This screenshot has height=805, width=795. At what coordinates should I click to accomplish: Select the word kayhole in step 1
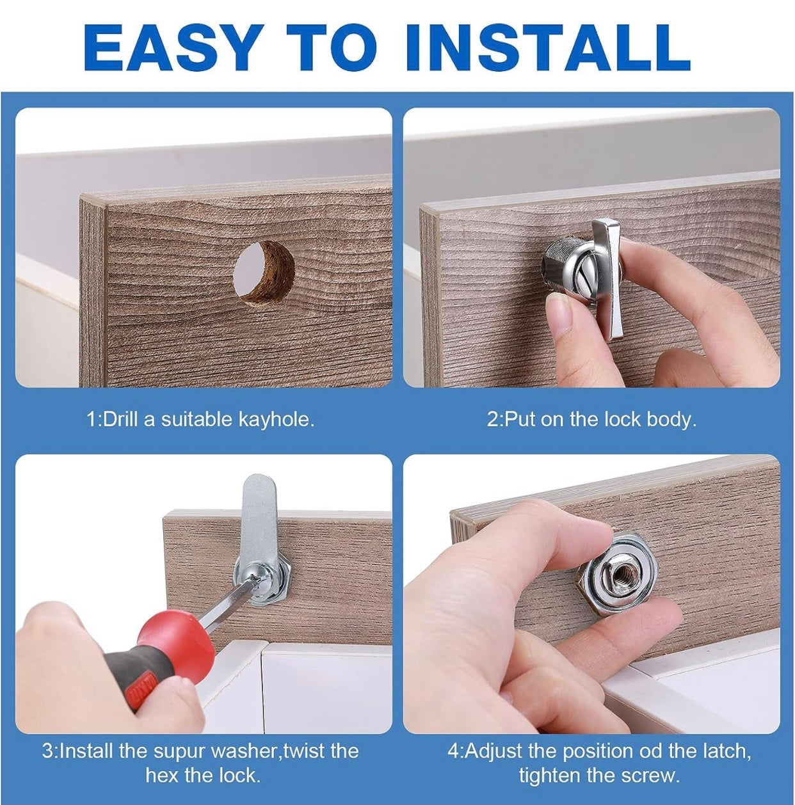coord(275,419)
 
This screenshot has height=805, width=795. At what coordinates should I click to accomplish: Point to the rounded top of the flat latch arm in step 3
coord(254,484)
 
